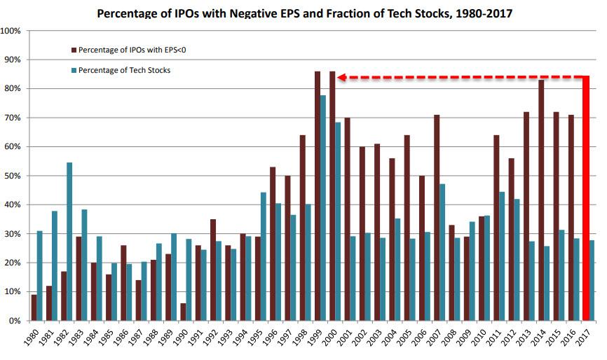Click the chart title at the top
point(303,13)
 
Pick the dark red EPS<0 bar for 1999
point(318,196)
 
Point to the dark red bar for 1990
point(184,312)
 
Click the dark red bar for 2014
point(541,200)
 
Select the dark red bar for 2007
point(437,218)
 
